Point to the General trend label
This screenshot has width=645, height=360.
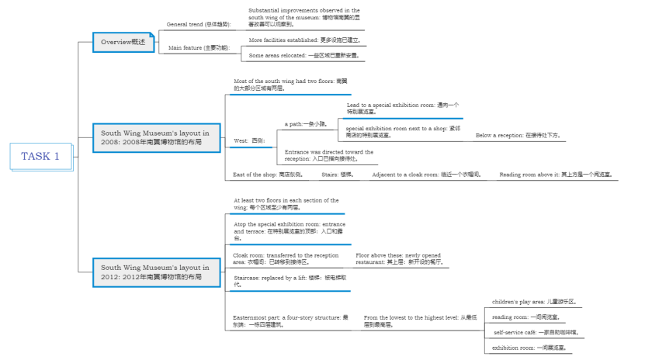tap(198, 24)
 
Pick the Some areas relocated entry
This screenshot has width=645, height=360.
tap(303, 56)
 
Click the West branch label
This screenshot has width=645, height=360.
tap(249, 140)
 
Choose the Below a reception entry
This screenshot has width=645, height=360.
tap(518, 135)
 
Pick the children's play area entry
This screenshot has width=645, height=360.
tap(534, 301)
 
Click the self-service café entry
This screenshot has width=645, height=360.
tap(536, 332)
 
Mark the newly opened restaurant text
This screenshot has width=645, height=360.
tap(398, 259)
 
